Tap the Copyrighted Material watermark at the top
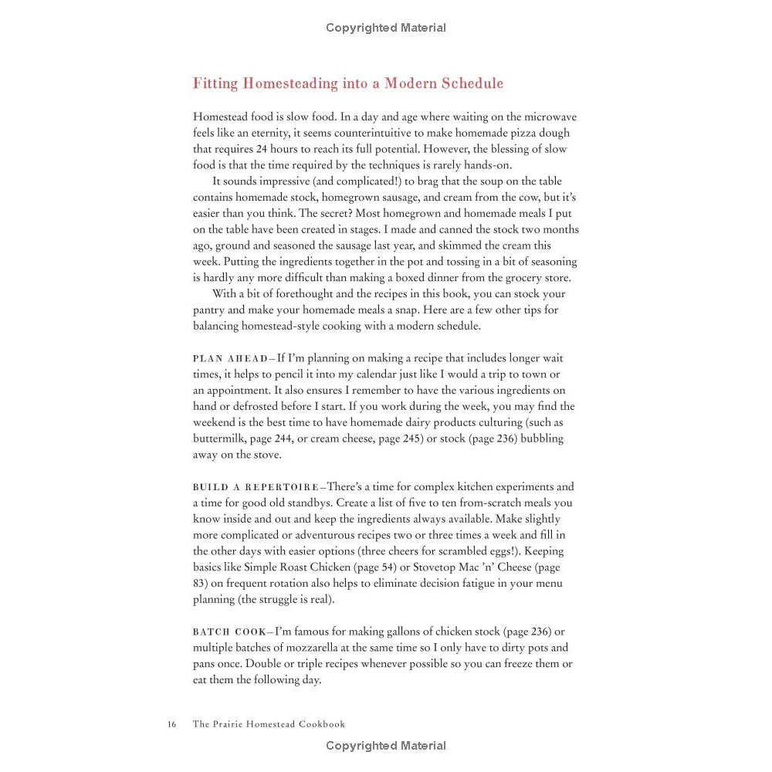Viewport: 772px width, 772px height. click(386, 28)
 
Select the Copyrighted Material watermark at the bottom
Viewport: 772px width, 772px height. click(386, 746)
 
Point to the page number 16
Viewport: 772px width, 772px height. click(171, 724)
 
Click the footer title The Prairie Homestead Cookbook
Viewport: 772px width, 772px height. click(269, 724)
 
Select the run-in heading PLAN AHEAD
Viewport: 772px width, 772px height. click(229, 359)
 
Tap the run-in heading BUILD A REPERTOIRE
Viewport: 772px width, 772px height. click(256, 487)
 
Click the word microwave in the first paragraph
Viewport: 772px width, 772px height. click(547, 117)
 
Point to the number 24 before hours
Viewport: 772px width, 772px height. click(261, 149)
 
